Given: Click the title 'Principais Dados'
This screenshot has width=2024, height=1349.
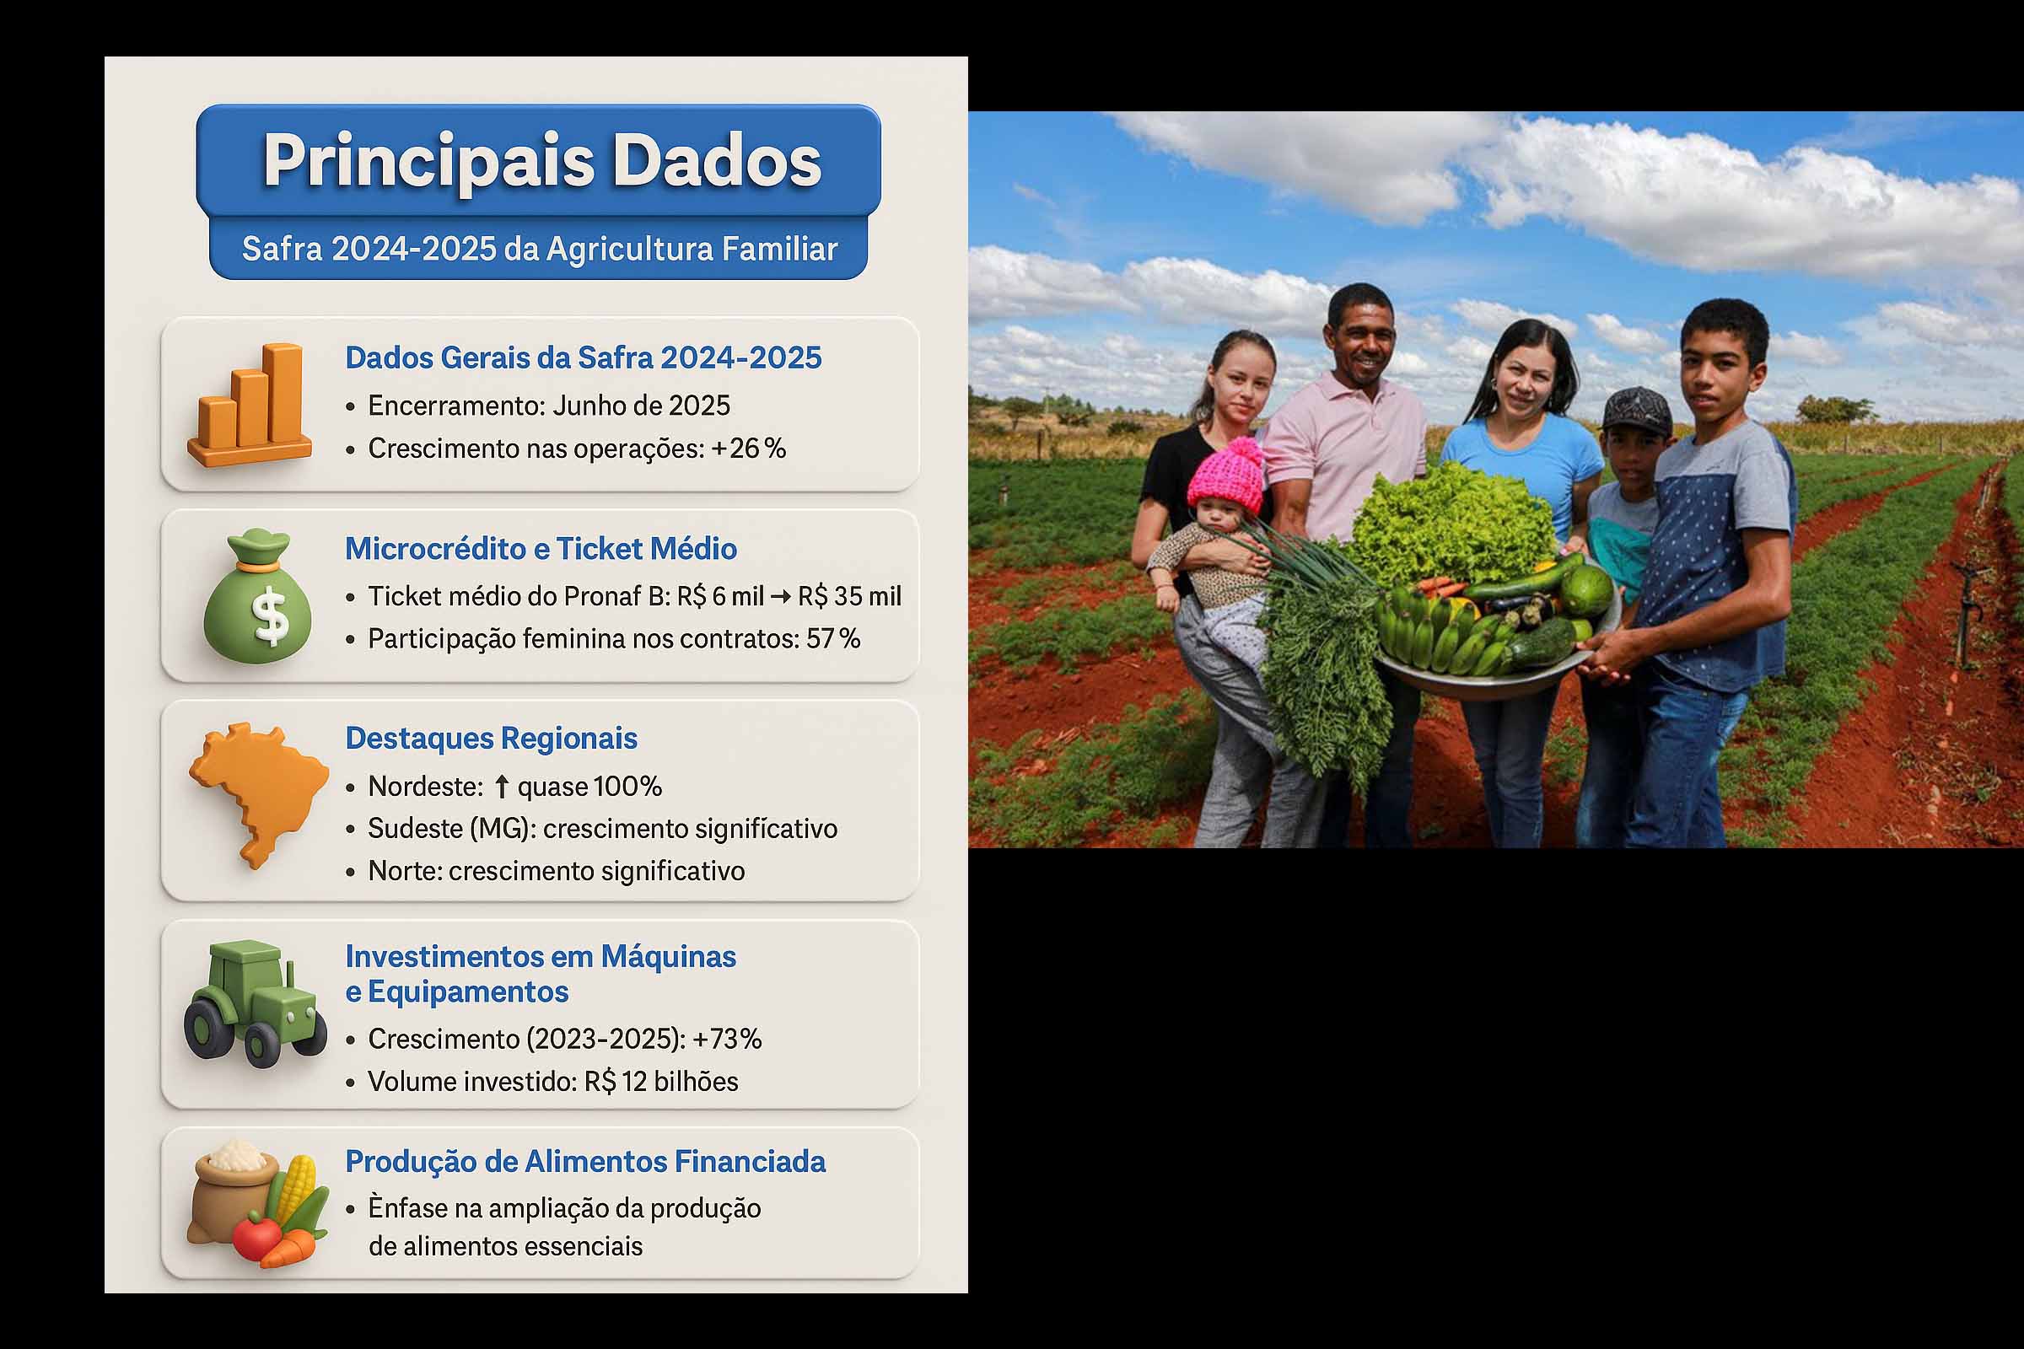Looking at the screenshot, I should tap(541, 161).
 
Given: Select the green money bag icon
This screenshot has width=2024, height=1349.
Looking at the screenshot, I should tap(257, 597).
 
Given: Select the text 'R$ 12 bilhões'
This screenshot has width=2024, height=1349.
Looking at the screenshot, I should tap(661, 1082).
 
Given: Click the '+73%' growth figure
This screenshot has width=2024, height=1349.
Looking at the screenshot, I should tap(727, 1040).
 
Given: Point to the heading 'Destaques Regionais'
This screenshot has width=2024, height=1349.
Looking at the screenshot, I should tap(492, 739).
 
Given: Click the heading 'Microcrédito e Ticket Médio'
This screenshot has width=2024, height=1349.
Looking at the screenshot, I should tap(541, 549).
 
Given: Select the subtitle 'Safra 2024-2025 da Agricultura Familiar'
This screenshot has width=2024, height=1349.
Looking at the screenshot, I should tap(540, 250).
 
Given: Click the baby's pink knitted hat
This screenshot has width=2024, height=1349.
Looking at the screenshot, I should tap(1225, 476).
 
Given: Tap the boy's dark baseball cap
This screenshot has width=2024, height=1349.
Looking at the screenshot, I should tap(1638, 411).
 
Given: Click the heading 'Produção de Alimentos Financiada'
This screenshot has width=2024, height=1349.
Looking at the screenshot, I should tap(585, 1162).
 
